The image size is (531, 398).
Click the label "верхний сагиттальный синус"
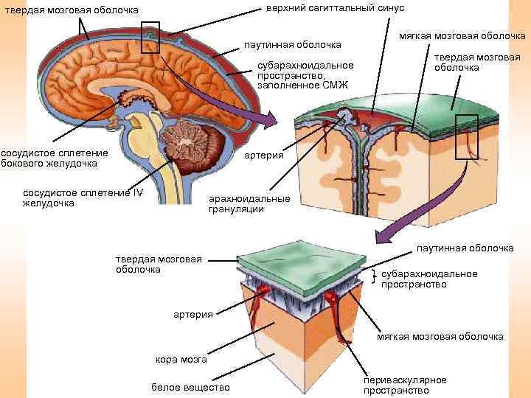[x=335, y=8]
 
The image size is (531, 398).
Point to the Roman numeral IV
[x=138, y=193]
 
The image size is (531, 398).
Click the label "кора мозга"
[x=181, y=360]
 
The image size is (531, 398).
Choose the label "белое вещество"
[x=190, y=387]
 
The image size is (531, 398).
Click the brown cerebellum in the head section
[x=195, y=140]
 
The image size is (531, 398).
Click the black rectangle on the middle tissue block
[x=467, y=137]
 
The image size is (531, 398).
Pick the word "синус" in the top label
[x=389, y=8]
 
